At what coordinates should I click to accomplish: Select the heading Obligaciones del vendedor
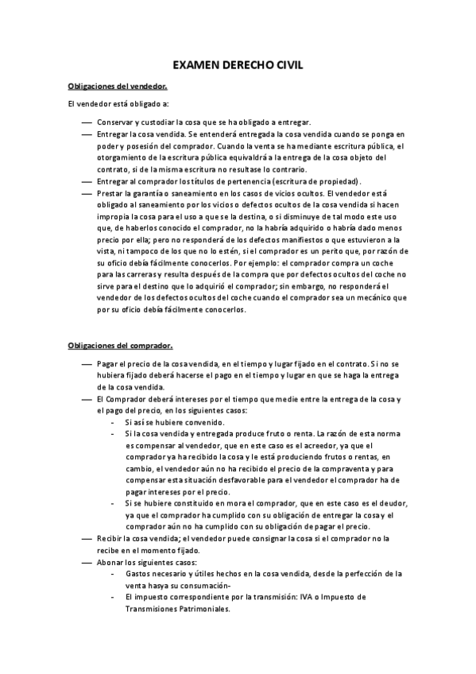tap(117, 86)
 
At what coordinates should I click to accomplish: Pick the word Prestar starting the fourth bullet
tap(112, 193)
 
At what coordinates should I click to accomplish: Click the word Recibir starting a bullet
tap(111, 539)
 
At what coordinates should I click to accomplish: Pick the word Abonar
tap(111, 562)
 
